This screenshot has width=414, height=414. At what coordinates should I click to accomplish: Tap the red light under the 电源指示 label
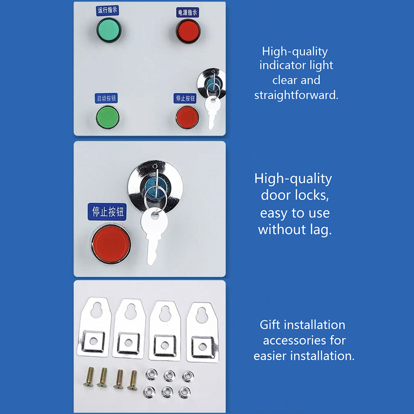coord(188,31)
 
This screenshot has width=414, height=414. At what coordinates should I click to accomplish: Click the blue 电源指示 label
coord(188,12)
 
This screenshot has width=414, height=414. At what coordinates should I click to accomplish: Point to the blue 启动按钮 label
coord(106,99)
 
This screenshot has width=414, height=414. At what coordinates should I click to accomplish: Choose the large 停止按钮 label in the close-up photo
coord(106,212)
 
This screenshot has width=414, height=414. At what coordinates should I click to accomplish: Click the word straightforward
coord(296,95)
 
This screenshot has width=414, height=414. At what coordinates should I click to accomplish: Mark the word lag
coord(320,229)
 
